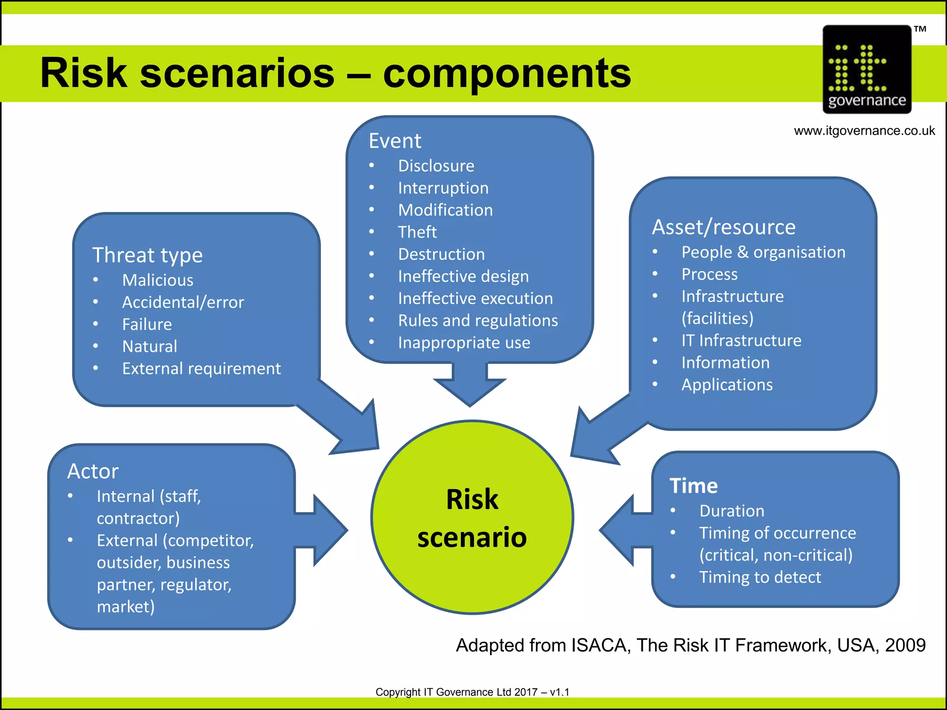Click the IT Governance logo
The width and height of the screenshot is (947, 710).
[867, 69]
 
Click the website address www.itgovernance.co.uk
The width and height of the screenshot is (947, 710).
[864, 131]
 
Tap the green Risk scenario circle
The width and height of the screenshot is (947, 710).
[472, 518]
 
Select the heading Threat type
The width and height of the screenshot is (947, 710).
[148, 255]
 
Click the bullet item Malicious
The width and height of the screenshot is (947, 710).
[158, 280]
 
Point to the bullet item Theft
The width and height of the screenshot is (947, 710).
[417, 232]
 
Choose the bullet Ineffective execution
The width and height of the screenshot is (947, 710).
[475, 299]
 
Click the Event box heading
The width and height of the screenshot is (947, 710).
[395, 141]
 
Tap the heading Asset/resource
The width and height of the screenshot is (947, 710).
[724, 227]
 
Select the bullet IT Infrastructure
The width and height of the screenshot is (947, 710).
[741, 341]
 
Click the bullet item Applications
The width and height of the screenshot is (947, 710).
[727, 385]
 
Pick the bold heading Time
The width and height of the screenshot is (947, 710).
[694, 486]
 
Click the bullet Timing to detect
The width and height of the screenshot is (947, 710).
[760, 577]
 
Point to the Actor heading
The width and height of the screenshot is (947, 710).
[93, 471]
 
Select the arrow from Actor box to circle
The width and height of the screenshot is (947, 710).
[324, 530]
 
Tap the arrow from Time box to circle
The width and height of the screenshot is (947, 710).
[624, 530]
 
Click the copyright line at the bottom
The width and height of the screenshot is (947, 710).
[472, 692]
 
